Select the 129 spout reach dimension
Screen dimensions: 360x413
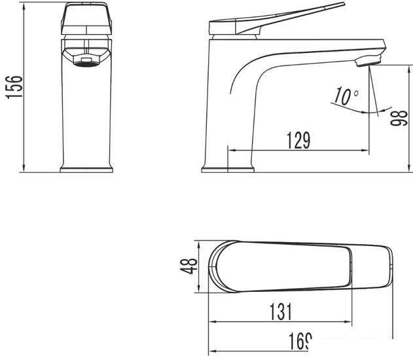point(297,139)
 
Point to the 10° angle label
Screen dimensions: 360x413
point(346,97)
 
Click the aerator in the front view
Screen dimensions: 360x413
point(85,60)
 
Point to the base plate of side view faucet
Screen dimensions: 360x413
point(228,169)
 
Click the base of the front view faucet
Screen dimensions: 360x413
point(85,169)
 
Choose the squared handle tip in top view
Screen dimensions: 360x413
point(386,266)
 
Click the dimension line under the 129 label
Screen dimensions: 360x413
point(297,151)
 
